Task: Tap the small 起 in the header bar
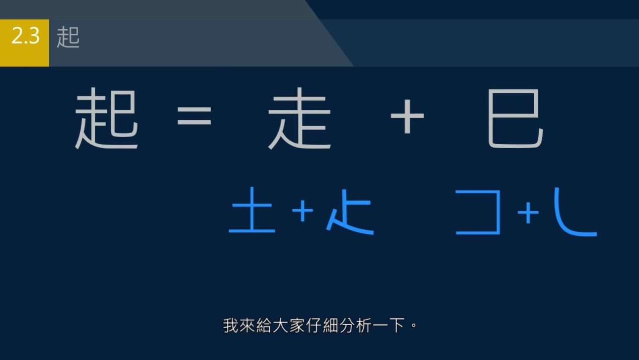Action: pyautogui.click(x=68, y=38)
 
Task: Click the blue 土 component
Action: pyautogui.click(x=252, y=211)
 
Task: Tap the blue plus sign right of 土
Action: pyautogui.click(x=302, y=211)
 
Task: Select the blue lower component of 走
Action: pyautogui.click(x=351, y=212)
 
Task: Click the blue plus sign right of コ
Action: pyautogui.click(x=528, y=213)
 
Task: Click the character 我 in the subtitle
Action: pyautogui.click(x=230, y=325)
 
